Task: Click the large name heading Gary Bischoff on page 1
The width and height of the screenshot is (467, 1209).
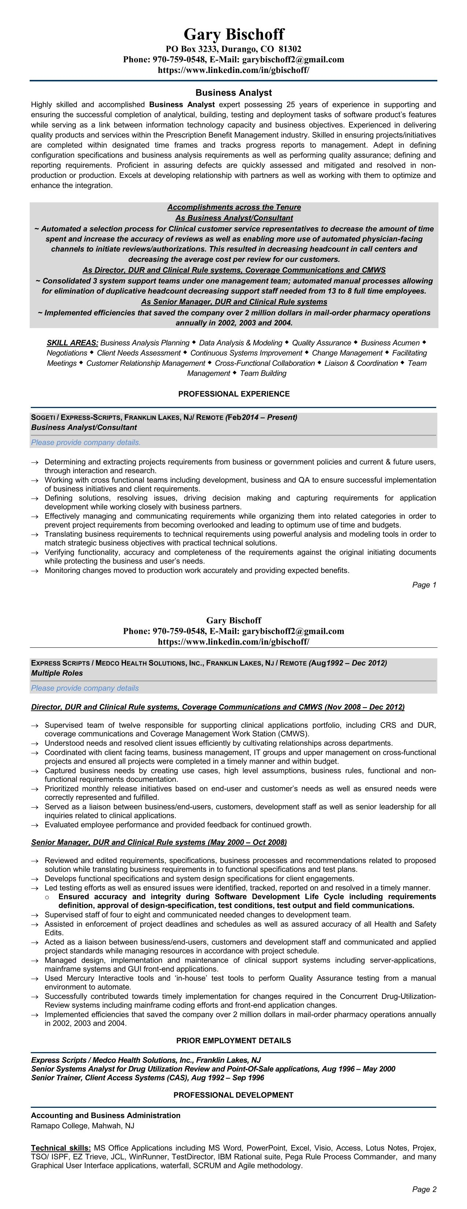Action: pos(234,34)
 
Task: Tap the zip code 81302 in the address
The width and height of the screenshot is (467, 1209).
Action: pos(290,49)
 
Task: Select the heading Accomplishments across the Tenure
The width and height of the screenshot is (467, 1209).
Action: pos(234,207)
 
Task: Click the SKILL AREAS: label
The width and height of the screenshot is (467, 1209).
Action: pos(72,343)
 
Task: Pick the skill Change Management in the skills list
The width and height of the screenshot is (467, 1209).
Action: pos(347,353)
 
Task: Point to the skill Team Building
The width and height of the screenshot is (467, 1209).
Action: pos(263,374)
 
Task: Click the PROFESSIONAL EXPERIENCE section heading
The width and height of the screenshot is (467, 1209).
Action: pos(234,394)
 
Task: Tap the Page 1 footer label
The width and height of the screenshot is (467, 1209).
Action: pos(424,585)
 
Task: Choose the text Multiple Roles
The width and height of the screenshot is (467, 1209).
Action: pos(57,673)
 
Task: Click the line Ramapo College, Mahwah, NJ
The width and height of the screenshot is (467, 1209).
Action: pos(82,1125)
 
